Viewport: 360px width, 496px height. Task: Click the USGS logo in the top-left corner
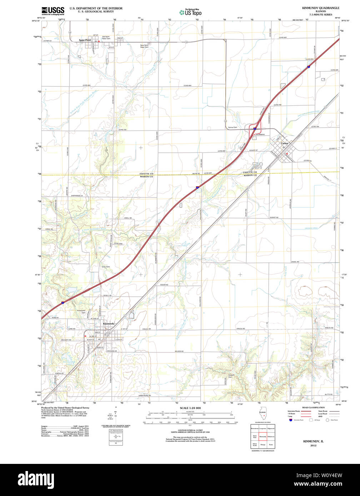[53, 10]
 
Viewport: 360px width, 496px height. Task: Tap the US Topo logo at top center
[190, 12]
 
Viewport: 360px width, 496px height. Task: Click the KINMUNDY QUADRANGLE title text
[321, 8]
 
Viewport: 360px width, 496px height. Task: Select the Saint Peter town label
[85, 40]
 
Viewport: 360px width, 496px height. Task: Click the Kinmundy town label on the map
[109, 324]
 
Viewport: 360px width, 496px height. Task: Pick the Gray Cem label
[106, 267]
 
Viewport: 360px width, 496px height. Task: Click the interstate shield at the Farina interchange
[255, 128]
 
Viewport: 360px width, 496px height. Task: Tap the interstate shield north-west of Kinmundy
[62, 303]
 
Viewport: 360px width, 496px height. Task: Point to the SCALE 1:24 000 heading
[190, 408]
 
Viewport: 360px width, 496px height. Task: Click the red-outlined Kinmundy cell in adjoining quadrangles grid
[263, 436]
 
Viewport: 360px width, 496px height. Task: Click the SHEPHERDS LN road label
[76, 196]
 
